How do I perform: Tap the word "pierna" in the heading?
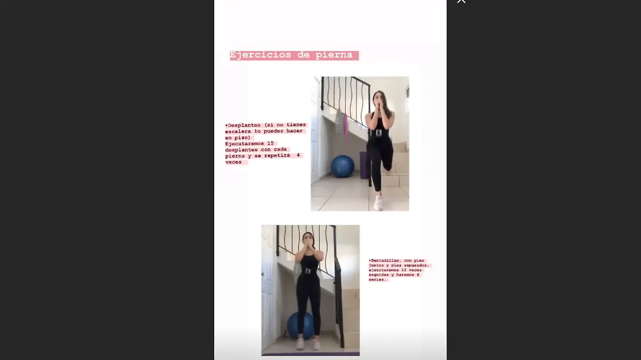(x=334, y=55)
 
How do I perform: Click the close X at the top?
(x=461, y=2)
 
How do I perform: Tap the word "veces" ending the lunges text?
(x=233, y=162)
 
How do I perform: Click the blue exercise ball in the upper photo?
(x=342, y=167)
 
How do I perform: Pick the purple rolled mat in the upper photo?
(x=364, y=165)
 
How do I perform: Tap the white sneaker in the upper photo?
(x=378, y=203)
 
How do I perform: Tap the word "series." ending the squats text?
(x=377, y=279)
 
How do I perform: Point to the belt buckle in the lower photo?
(x=308, y=271)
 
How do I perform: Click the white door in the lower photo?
(x=267, y=288)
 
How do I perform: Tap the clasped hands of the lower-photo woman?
(x=309, y=246)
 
